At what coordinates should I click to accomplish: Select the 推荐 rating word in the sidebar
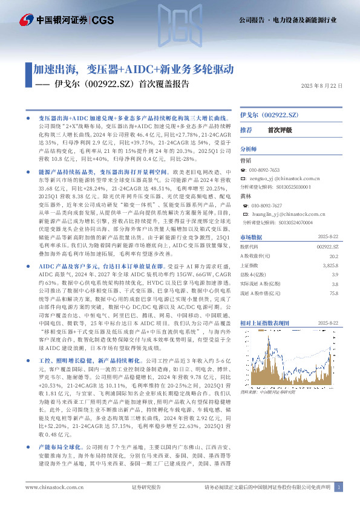[246, 130]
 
